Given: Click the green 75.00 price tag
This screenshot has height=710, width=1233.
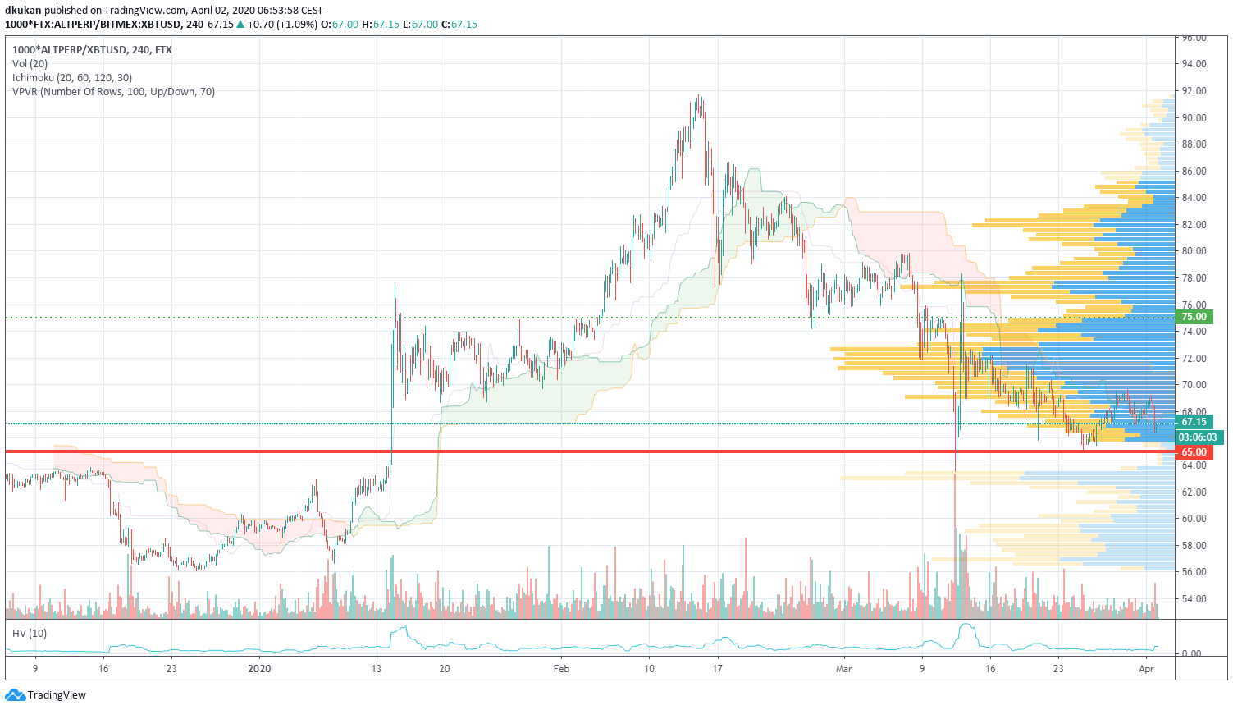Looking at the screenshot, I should [x=1194, y=317].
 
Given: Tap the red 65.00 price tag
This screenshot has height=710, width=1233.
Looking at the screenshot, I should [x=1194, y=452].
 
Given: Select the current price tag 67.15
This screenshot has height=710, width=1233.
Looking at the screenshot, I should [x=1194, y=422].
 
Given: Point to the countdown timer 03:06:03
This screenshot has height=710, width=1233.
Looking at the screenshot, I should [x=1197, y=437].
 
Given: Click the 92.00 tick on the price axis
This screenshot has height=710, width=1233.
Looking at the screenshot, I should [x=1194, y=91].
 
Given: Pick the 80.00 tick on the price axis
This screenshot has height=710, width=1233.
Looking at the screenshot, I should [x=1194, y=251].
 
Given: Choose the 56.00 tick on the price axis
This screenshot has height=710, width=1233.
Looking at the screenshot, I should [x=1194, y=572].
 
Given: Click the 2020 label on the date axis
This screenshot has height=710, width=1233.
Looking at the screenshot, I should [x=259, y=669].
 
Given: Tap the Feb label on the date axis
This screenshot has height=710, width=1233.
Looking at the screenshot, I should [x=561, y=669].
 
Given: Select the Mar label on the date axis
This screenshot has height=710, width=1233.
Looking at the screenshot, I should [x=843, y=669].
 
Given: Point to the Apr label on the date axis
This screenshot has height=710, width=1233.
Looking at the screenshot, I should [x=1146, y=669].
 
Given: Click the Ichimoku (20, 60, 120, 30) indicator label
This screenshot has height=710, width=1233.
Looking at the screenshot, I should [x=72, y=78].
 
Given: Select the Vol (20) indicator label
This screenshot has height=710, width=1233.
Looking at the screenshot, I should [x=30, y=64].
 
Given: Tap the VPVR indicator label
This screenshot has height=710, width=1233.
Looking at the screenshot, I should [x=113, y=92].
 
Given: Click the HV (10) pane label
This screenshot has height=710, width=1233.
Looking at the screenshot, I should [x=30, y=634].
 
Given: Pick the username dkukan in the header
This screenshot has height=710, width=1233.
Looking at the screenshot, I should [x=23, y=11].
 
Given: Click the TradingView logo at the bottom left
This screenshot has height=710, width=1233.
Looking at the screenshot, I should [x=46, y=695].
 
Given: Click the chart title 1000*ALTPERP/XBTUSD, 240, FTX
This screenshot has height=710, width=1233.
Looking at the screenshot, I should [x=92, y=50].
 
